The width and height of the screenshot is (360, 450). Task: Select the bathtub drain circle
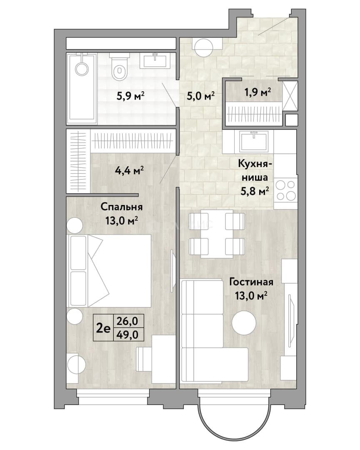click(x=82, y=69)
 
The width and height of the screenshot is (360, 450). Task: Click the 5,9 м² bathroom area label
click(x=130, y=95)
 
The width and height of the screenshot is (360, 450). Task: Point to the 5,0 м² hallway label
click(x=201, y=95)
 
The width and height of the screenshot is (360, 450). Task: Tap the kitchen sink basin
click(x=254, y=141)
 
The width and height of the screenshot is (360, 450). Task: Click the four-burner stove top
click(x=285, y=190)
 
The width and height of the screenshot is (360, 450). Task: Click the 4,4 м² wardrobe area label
click(x=129, y=171)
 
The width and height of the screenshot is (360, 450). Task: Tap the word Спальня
click(x=121, y=207)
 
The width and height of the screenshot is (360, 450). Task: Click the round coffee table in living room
click(x=244, y=322)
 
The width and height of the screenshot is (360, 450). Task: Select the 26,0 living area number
click(x=129, y=321)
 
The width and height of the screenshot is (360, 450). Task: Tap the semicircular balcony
click(x=234, y=422)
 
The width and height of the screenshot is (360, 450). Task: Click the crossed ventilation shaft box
click(x=290, y=95)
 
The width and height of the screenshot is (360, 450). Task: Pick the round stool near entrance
click(x=204, y=47)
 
